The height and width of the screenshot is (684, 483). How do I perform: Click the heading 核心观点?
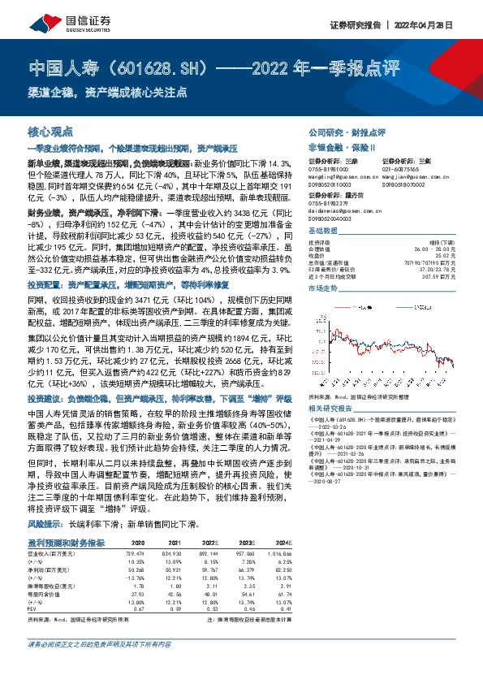(50, 132)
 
